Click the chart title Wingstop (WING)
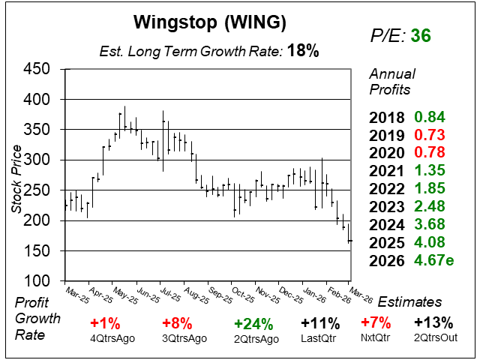[x=209, y=23]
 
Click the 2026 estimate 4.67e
[x=434, y=260]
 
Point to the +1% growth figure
[x=105, y=324]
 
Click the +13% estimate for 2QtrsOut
[x=434, y=324]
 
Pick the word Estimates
[x=409, y=302]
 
